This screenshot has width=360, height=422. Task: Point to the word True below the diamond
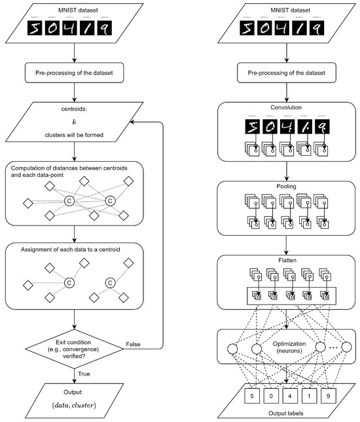[x=84, y=374]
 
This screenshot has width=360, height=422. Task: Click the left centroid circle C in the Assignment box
[x=67, y=283]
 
